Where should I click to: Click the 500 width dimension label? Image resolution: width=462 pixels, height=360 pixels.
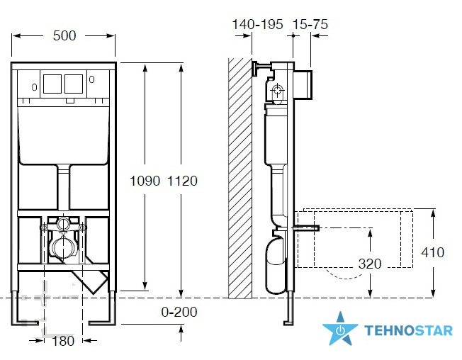pyautogui.click(x=64, y=35)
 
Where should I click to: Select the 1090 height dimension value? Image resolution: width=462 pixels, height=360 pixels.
pyautogui.click(x=145, y=181)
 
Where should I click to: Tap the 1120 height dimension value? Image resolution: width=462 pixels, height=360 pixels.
pyautogui.click(x=182, y=181)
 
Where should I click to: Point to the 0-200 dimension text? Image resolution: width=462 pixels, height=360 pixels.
pyautogui.click(x=179, y=312)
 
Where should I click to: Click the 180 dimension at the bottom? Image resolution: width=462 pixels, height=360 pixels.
pyautogui.click(x=63, y=341)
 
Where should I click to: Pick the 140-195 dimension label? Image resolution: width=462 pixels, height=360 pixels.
pyautogui.click(x=257, y=24)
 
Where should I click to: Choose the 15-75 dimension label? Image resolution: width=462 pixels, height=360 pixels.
pyautogui.click(x=310, y=24)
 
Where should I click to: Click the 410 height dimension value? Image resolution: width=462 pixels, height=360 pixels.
pyautogui.click(x=432, y=252)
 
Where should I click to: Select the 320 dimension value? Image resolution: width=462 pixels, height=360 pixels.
pyautogui.click(x=370, y=264)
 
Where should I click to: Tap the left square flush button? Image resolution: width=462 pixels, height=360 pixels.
pyautogui.click(x=52, y=84)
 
